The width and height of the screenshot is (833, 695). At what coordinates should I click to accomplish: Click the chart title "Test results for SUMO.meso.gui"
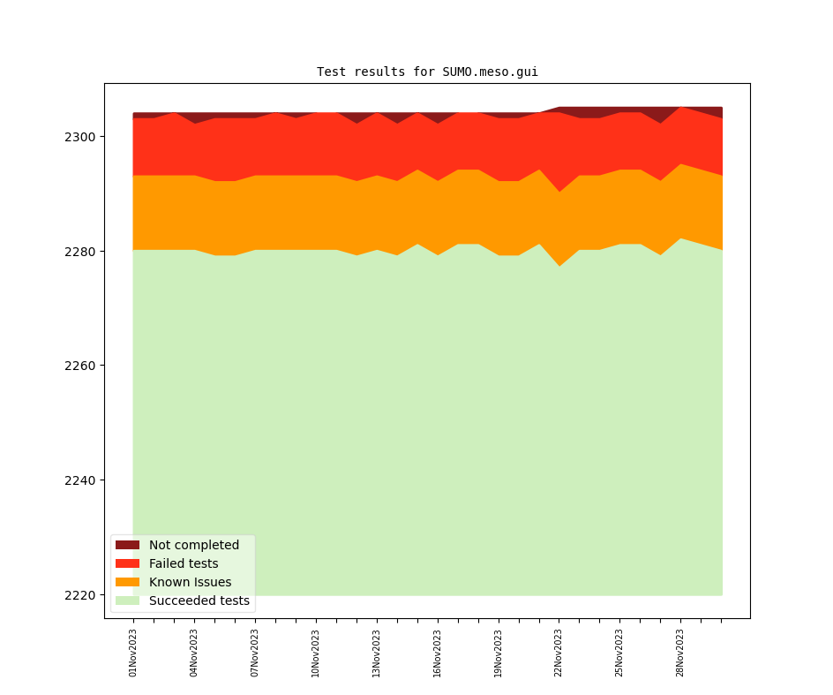point(427,72)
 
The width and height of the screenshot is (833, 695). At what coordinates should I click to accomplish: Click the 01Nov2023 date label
point(133,653)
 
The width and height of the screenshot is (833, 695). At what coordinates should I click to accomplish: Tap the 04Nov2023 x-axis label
point(194,653)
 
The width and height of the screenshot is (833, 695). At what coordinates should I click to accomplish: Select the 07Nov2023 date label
point(255,653)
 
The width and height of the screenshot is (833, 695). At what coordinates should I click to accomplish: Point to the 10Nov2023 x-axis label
point(316,653)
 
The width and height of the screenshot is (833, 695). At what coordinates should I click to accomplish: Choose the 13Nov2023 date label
point(377,653)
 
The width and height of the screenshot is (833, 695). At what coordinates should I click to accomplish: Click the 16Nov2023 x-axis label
point(438,653)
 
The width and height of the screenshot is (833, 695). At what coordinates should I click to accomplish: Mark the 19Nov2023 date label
point(499,653)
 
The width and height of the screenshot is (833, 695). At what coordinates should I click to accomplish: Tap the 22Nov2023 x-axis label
point(559,653)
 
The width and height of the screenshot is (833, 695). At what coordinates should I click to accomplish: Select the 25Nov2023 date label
point(619,653)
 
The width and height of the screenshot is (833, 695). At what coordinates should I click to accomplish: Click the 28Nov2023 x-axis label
point(680,653)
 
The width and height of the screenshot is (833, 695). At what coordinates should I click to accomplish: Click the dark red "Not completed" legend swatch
point(127,545)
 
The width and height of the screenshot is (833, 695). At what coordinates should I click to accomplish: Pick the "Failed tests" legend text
point(184,563)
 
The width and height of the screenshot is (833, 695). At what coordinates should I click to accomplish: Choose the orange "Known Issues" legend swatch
point(127,582)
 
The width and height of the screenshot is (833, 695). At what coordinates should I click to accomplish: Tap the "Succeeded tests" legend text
point(199,601)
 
